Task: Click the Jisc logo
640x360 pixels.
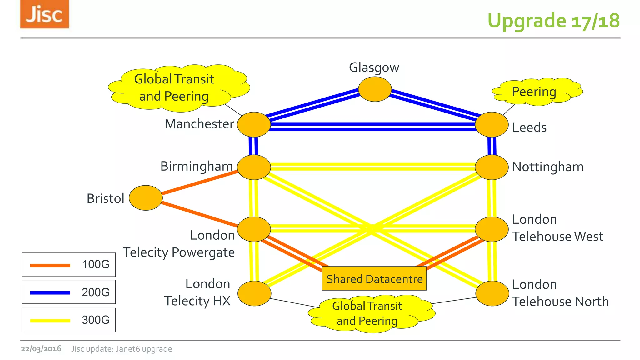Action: [x=44, y=14]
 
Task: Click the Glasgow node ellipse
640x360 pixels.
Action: [x=375, y=89]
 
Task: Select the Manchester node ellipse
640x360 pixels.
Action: [x=254, y=124]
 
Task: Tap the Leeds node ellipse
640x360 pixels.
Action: [x=492, y=124]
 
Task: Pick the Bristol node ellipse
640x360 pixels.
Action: [x=146, y=198]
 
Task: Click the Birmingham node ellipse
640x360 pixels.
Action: [x=254, y=167]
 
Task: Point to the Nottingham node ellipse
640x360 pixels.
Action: [x=492, y=167]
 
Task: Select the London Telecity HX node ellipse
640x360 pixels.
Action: [x=254, y=293]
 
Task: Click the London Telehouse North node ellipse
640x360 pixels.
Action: [x=492, y=293]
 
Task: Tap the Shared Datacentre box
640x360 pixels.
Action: [x=374, y=278]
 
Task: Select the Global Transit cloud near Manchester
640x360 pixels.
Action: [x=178, y=88]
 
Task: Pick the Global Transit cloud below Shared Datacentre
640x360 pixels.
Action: [x=370, y=313]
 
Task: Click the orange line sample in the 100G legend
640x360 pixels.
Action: [x=50, y=265]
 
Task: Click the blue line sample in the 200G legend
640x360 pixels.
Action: [x=50, y=293]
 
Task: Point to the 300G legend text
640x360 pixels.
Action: [x=96, y=320]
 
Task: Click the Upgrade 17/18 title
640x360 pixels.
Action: [x=553, y=21]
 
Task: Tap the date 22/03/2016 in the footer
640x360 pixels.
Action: [x=41, y=349]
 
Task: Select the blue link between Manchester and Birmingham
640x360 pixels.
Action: [x=253, y=146]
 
